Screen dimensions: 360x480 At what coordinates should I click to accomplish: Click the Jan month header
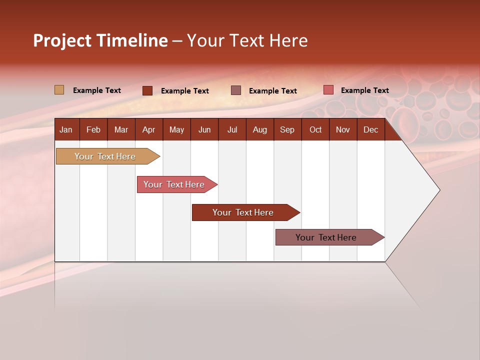(66, 129)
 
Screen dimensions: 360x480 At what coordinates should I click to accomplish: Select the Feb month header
(93, 129)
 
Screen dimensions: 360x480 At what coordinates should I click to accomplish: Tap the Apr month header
(148, 129)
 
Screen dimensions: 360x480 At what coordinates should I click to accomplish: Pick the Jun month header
(204, 129)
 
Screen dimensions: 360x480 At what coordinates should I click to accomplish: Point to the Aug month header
(259, 129)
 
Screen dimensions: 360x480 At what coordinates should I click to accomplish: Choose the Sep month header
(287, 129)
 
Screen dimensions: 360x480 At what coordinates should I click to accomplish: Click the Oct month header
(315, 129)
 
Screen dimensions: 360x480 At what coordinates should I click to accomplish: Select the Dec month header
(370, 129)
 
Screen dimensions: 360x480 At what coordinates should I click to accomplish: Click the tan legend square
(59, 90)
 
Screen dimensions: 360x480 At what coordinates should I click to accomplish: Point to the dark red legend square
(147, 90)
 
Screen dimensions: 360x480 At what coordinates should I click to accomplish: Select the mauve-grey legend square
(236, 90)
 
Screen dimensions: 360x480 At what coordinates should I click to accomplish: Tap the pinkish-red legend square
(328, 90)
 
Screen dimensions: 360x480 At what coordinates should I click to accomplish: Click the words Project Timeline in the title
(100, 40)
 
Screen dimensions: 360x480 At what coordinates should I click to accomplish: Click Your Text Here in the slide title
(247, 40)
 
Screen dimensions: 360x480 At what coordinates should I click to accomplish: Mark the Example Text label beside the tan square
(97, 90)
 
